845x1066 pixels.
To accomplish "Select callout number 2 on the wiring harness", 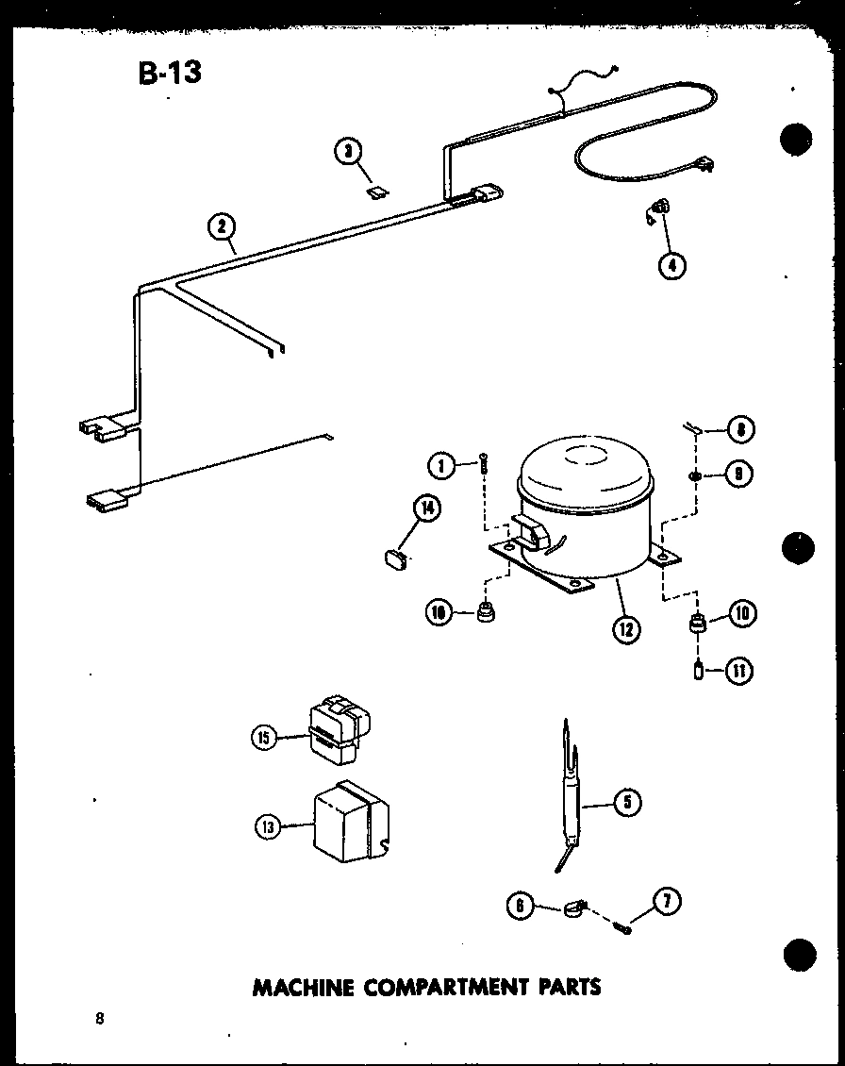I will [x=223, y=226].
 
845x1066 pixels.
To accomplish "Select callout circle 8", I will [x=740, y=430].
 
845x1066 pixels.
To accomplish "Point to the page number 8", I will [x=98, y=1018].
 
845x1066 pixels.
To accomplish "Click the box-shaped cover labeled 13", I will [x=350, y=821].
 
